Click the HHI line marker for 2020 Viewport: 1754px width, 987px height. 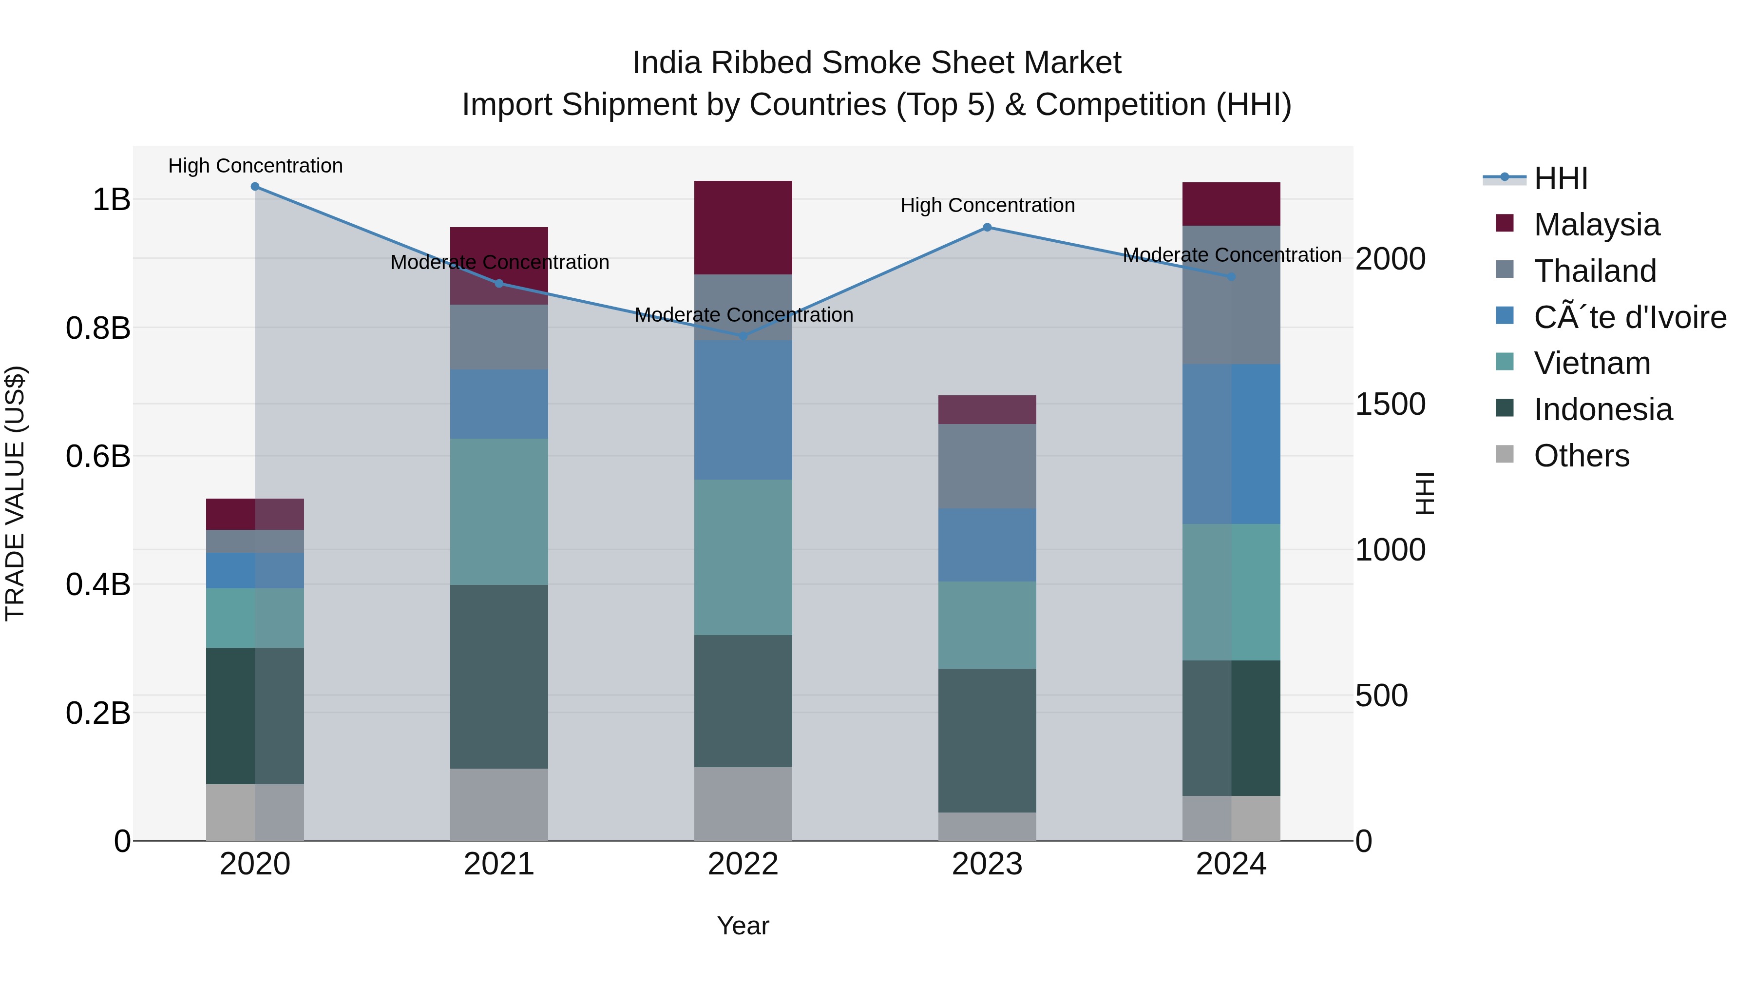point(255,186)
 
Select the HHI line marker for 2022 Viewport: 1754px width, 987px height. point(743,336)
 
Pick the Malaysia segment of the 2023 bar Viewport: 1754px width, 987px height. point(987,409)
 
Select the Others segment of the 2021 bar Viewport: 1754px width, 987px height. point(498,804)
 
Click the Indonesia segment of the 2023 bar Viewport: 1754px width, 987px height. point(987,740)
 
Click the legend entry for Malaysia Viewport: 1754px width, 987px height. point(1596,224)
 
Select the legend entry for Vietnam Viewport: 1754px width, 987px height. point(1591,363)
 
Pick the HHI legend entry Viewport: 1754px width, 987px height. point(1560,178)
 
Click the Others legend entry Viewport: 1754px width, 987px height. point(1581,456)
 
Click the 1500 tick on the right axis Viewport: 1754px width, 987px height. point(1390,404)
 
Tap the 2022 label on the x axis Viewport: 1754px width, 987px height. point(743,864)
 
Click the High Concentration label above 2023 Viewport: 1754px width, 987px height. point(987,205)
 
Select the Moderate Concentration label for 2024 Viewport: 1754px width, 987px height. point(1231,255)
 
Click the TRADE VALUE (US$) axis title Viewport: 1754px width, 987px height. point(15,493)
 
